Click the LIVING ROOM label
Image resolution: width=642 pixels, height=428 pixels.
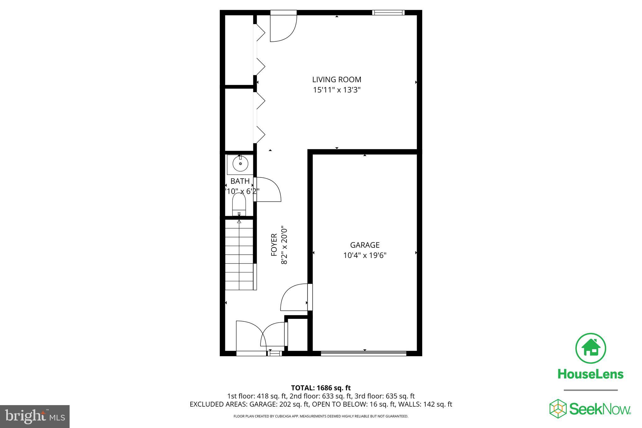point(336,80)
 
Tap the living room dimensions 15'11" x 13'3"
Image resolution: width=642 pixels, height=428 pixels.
point(336,90)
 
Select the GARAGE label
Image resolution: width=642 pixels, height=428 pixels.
point(365,245)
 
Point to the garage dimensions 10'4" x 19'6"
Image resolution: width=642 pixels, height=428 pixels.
point(365,256)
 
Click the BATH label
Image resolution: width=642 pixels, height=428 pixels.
point(240,181)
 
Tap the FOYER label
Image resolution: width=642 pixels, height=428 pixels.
point(274,245)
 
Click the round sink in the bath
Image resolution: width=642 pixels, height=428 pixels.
point(240,164)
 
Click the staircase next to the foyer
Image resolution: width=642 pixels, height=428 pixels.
point(239,255)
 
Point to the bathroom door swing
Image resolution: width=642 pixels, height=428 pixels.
point(268,190)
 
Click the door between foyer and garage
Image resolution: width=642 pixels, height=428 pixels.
point(295,297)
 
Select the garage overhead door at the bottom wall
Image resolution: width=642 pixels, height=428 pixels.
point(364,353)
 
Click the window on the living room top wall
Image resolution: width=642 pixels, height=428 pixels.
point(388,13)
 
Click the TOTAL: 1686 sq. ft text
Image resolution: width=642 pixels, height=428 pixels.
point(321,388)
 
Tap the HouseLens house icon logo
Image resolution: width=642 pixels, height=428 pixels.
point(590,348)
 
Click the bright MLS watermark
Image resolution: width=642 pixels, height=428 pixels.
point(35,416)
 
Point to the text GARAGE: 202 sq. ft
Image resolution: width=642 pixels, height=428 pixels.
point(279,404)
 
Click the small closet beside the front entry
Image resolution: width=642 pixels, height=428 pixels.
point(297,335)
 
